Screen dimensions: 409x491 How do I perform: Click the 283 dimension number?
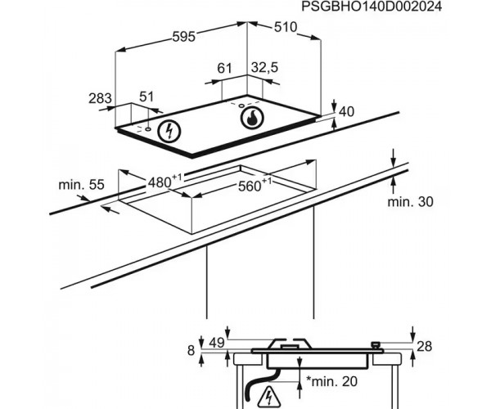pyautogui.click(x=99, y=99)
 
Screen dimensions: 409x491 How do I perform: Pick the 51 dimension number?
pyautogui.click(x=146, y=97)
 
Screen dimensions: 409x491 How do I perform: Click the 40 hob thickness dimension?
pyautogui.click(x=347, y=111)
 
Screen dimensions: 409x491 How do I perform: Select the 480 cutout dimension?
pyautogui.click(x=164, y=182)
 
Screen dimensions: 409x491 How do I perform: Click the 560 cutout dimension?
pyautogui.click(x=254, y=186)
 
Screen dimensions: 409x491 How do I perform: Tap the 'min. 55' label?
pyautogui.click(x=81, y=186)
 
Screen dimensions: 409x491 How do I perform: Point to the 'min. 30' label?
pyautogui.click(x=409, y=201)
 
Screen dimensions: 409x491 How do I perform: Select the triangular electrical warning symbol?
pyautogui.click(x=269, y=398)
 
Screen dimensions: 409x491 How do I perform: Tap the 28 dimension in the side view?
pyautogui.click(x=425, y=348)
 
